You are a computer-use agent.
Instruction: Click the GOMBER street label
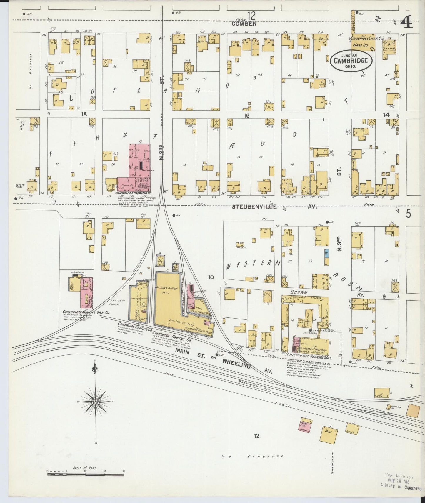tap(244, 24)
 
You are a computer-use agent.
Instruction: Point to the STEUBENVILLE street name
tap(254, 206)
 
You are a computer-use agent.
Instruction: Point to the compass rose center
tap(96, 402)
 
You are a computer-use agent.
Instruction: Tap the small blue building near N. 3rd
tap(326, 253)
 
